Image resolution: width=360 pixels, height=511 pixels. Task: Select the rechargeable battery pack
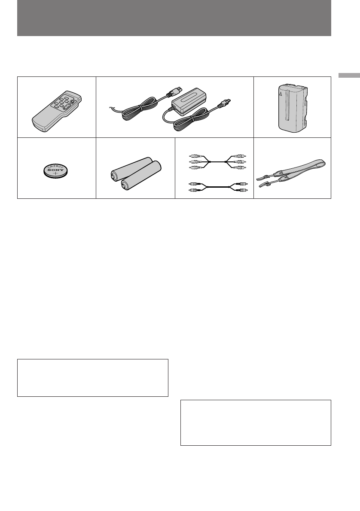coord(292,107)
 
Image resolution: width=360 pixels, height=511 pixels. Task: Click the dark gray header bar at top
coord(174,18)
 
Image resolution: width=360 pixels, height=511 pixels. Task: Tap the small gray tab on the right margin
coord(349,76)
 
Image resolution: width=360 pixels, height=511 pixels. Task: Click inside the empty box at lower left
coord(92,378)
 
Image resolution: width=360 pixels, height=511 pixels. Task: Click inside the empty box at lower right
coord(256,423)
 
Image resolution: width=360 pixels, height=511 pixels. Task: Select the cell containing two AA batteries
coord(135,168)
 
